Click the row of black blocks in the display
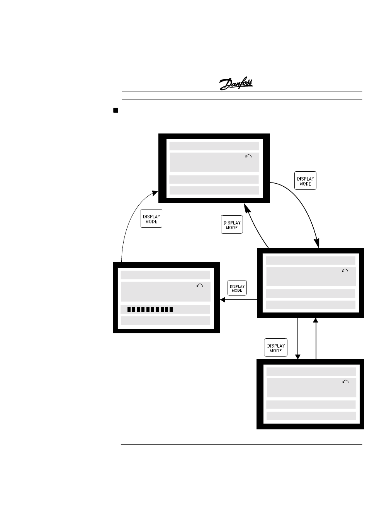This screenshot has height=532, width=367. tap(150, 309)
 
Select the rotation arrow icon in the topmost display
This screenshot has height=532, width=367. tap(248, 156)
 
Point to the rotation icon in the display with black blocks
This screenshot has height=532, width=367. tap(200, 285)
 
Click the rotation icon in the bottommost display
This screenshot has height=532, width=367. tap(345, 382)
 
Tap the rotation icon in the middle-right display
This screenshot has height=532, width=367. tap(345, 271)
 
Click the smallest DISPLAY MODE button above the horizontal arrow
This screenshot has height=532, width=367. tap(237, 288)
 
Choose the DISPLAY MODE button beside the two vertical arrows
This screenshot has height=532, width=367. tap(276, 348)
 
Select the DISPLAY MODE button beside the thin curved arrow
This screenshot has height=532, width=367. tap(151, 219)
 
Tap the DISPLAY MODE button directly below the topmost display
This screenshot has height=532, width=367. tap(232, 225)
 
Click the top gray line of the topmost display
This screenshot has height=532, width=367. tap(214, 146)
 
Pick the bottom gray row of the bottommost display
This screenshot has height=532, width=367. tap(311, 416)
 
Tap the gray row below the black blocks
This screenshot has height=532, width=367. tap(165, 321)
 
